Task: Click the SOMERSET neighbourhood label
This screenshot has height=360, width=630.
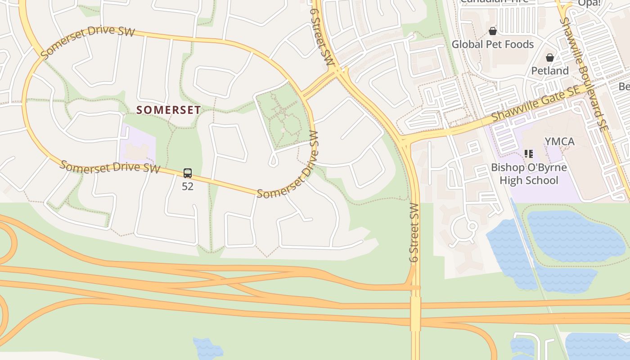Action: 168,110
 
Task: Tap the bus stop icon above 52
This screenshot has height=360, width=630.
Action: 188,173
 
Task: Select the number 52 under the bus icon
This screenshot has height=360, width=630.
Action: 188,186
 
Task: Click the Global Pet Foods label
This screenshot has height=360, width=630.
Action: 492,44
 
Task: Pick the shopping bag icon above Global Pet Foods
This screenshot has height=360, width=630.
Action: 493,31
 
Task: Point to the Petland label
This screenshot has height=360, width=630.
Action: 550,71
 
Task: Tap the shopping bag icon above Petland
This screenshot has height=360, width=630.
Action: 549,58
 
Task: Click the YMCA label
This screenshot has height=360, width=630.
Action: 559,142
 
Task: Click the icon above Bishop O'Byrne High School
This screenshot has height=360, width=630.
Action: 529,154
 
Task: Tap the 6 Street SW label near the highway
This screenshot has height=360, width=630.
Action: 414,232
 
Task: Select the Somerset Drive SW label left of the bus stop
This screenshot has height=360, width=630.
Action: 110,167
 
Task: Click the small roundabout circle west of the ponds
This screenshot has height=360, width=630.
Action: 472,226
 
